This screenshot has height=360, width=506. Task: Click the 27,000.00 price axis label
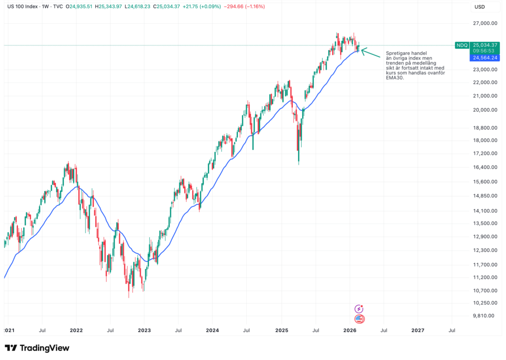pos(482,23)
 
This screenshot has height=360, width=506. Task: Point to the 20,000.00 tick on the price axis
pos(482,110)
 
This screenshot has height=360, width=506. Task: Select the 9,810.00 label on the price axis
pos(483,316)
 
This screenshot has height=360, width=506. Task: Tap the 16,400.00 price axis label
pos(482,167)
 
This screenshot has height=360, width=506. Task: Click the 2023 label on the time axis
pos(144,331)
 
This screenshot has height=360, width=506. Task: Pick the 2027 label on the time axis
pos(418,331)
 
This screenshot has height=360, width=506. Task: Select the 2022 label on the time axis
pos(76,331)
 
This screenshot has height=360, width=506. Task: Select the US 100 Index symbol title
pos(23,7)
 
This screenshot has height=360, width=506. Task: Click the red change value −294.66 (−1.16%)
pos(245,7)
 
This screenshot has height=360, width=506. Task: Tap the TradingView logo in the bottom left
pos(37,348)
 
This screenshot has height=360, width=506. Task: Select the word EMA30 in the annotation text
pos(394,78)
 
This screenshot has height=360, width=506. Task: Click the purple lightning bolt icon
pos(359,309)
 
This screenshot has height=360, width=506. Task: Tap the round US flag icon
pos(359,319)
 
